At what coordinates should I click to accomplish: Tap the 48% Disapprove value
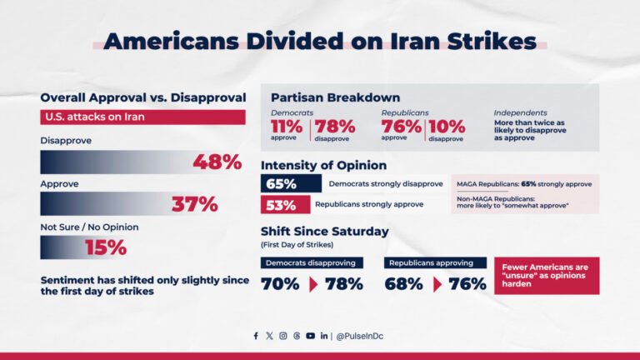tap(217, 162)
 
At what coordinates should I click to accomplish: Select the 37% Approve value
tap(194, 203)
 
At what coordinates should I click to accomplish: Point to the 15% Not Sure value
tap(105, 247)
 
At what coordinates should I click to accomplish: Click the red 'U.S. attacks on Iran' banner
tap(142, 117)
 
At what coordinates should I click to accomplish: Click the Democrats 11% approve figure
tap(287, 127)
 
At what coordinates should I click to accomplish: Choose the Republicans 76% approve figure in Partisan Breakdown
tap(401, 127)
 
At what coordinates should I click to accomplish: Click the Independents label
tap(520, 112)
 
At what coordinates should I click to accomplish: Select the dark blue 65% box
tap(291, 183)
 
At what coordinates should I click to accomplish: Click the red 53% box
tap(284, 205)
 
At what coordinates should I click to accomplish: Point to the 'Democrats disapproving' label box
tap(312, 262)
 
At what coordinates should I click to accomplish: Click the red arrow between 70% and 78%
tap(313, 284)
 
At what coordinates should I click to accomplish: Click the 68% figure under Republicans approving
tap(404, 284)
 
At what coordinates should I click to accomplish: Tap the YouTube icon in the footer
tap(310, 336)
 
